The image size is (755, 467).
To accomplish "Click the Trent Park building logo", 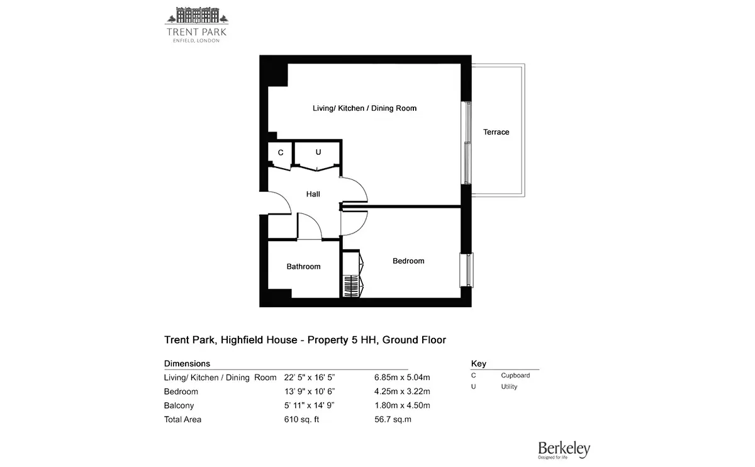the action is click(x=196, y=25).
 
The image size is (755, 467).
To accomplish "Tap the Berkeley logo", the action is click(x=564, y=450).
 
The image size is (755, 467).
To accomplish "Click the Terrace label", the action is click(x=496, y=132).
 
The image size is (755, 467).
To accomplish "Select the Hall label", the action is click(x=313, y=194).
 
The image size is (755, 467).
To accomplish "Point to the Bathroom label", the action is click(x=303, y=266).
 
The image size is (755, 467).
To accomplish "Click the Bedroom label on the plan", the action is click(x=408, y=261).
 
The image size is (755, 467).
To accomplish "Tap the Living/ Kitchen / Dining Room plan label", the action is click(x=364, y=108).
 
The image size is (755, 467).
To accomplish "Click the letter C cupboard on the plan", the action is click(x=281, y=153).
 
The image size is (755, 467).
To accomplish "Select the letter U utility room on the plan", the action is click(x=318, y=152).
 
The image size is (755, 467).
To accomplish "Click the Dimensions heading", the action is click(x=187, y=364).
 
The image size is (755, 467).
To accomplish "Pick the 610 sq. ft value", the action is click(x=301, y=419).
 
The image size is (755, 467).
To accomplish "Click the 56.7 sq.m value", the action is click(x=393, y=419).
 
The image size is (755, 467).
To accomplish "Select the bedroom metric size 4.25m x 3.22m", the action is click(x=402, y=391).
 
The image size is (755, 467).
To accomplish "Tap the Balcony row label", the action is click(x=179, y=405).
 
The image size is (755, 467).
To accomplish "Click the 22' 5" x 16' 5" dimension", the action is click(x=309, y=377).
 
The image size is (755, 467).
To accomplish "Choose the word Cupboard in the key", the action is click(x=515, y=375).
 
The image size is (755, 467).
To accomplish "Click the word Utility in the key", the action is click(x=509, y=386).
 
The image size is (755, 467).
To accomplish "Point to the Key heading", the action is click(x=478, y=364).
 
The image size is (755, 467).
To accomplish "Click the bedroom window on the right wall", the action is click(x=467, y=270).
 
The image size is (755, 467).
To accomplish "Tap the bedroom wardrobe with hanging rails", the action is click(x=352, y=274).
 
